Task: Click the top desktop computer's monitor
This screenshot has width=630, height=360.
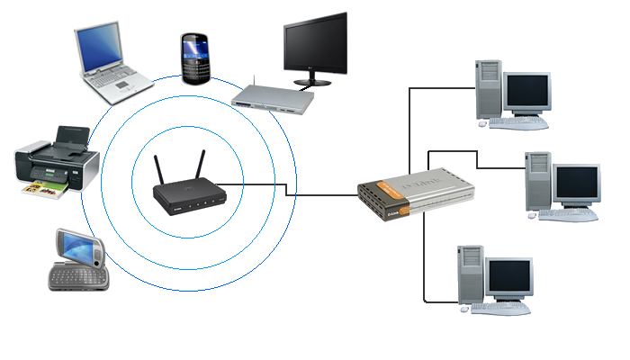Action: (x=527, y=93)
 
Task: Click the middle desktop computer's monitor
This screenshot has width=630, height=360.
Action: (x=576, y=184)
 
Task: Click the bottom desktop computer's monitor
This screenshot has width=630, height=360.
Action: (x=509, y=279)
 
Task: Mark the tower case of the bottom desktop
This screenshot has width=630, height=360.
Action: (x=471, y=274)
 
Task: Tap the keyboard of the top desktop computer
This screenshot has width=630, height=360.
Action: (x=517, y=121)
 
